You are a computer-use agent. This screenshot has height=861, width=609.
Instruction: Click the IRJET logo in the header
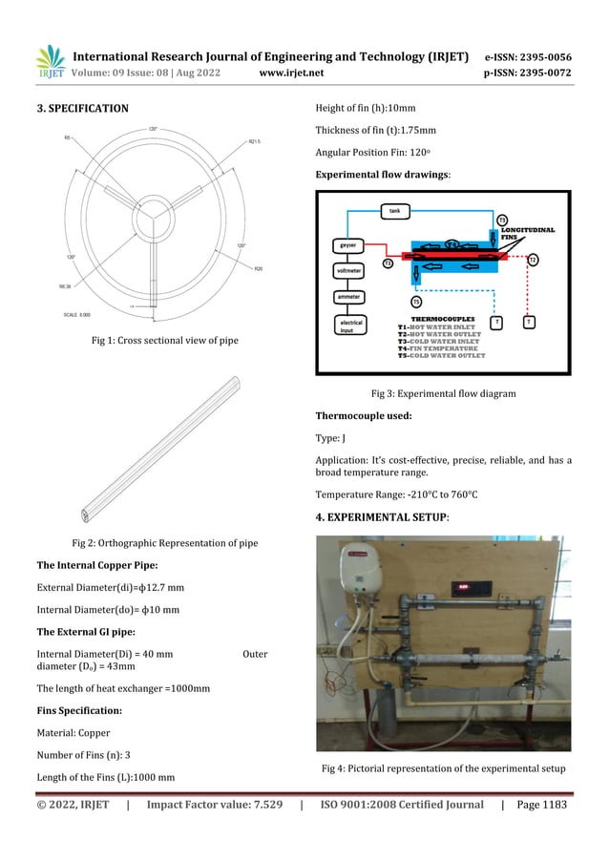tap(49, 60)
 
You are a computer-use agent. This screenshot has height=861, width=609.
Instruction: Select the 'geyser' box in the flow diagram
tap(348, 244)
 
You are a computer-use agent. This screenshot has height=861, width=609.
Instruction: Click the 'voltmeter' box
tap(349, 271)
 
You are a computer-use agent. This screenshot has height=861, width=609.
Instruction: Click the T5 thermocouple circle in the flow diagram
tap(416, 302)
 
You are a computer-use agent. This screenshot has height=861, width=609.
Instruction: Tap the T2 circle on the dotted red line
tap(533, 260)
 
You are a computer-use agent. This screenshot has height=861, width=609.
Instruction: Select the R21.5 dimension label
tap(255, 142)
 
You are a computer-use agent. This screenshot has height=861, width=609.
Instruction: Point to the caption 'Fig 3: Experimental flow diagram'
tap(443, 392)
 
